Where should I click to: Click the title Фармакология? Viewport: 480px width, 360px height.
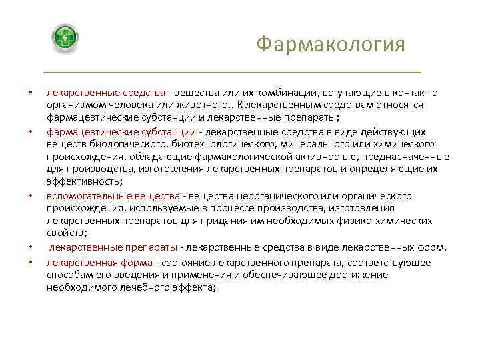click(331, 45)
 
